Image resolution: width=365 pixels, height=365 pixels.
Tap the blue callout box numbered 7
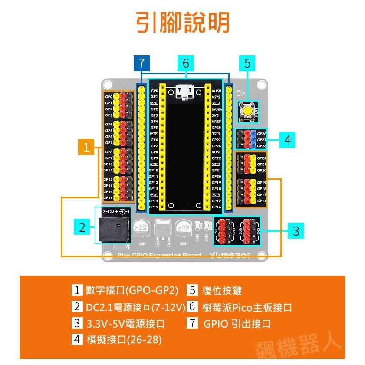(141, 63)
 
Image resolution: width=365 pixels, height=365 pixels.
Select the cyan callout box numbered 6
(186, 63)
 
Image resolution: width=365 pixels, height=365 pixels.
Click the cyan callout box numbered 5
(247, 63)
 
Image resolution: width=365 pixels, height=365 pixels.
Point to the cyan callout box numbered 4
(287, 140)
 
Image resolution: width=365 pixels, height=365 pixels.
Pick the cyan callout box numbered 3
(296, 230)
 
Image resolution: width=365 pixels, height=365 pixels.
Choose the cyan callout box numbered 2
(82, 227)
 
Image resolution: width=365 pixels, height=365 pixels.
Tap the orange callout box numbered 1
(86, 148)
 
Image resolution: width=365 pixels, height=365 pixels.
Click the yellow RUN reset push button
(247, 112)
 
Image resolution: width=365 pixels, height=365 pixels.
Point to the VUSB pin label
(217, 91)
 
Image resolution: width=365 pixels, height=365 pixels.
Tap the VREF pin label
(217, 122)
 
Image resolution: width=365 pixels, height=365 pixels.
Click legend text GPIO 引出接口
(237, 323)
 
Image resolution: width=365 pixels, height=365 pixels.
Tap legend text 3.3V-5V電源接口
(125, 323)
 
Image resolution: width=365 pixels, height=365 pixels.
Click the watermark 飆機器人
(299, 343)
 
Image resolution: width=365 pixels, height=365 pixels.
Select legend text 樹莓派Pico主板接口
(247, 307)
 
